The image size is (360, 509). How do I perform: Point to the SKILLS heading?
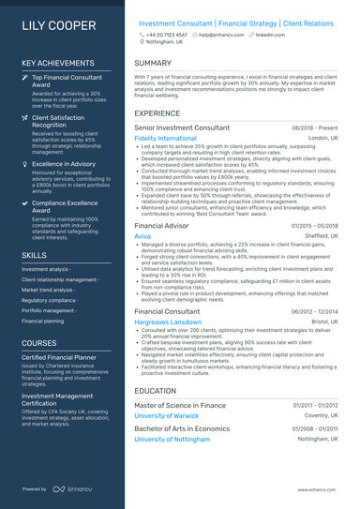click(34, 254)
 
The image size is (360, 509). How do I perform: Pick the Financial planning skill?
click(43, 321)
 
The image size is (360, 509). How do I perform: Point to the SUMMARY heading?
click(153, 63)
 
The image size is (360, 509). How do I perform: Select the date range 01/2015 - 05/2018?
click(314, 226)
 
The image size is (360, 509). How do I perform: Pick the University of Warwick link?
click(168, 415)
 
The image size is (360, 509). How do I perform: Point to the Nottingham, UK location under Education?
click(317, 439)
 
